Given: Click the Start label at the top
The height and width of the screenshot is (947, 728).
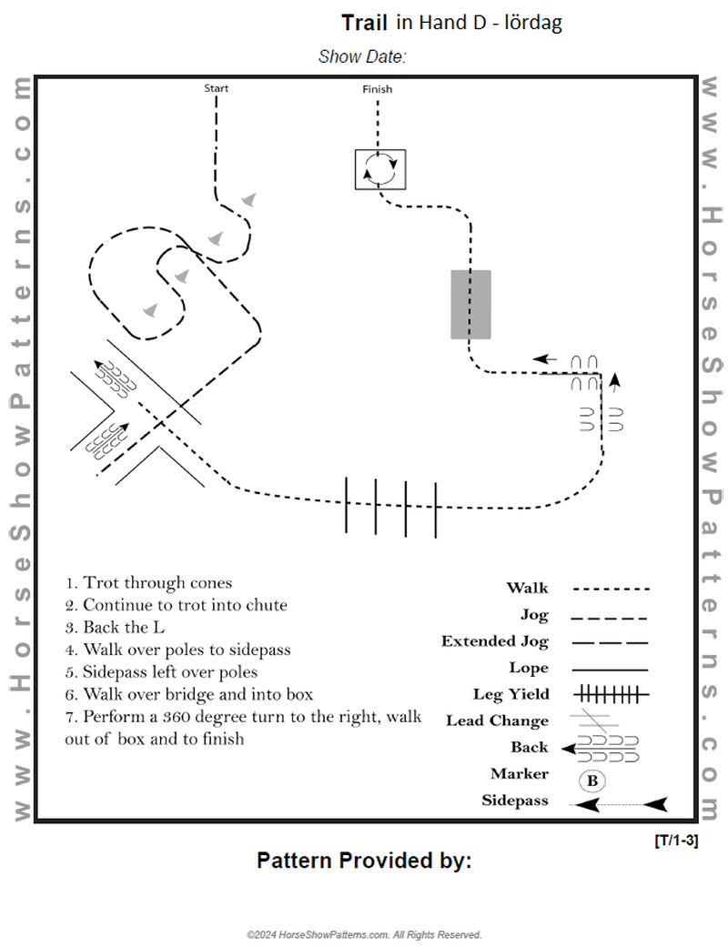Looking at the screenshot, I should pos(217,88).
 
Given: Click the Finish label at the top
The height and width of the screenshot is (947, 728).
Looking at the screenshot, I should pos(378,89).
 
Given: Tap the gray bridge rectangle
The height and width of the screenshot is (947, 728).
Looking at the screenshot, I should pos(470,305).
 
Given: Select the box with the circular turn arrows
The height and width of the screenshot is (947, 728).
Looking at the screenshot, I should pos(380,169).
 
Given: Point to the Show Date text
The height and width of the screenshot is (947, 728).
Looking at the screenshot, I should pos(361,56).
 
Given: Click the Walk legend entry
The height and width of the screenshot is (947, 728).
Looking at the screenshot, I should pos(527,589).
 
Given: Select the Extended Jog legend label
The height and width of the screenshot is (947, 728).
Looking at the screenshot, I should pos(495,641).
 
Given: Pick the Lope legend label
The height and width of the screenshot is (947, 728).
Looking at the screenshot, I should pos(529,668).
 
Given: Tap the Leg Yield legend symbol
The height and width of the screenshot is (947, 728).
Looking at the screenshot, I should pos(611,695).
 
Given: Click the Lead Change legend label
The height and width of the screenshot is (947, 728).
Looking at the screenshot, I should pos(497,720).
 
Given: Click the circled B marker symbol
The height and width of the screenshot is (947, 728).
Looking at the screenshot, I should pos(591,781).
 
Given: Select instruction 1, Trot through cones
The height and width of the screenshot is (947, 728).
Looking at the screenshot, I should pos(148,583).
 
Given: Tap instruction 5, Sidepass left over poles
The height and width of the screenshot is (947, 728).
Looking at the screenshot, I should pos(161,672).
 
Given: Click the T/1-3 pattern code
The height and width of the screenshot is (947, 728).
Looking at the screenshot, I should pos(676,840).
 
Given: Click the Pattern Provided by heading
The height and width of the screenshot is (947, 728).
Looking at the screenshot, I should pos(364,861).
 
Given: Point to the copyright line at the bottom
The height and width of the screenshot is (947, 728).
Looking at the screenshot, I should pos(364,934).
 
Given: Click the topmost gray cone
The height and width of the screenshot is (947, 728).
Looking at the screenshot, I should pos(248,199).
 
